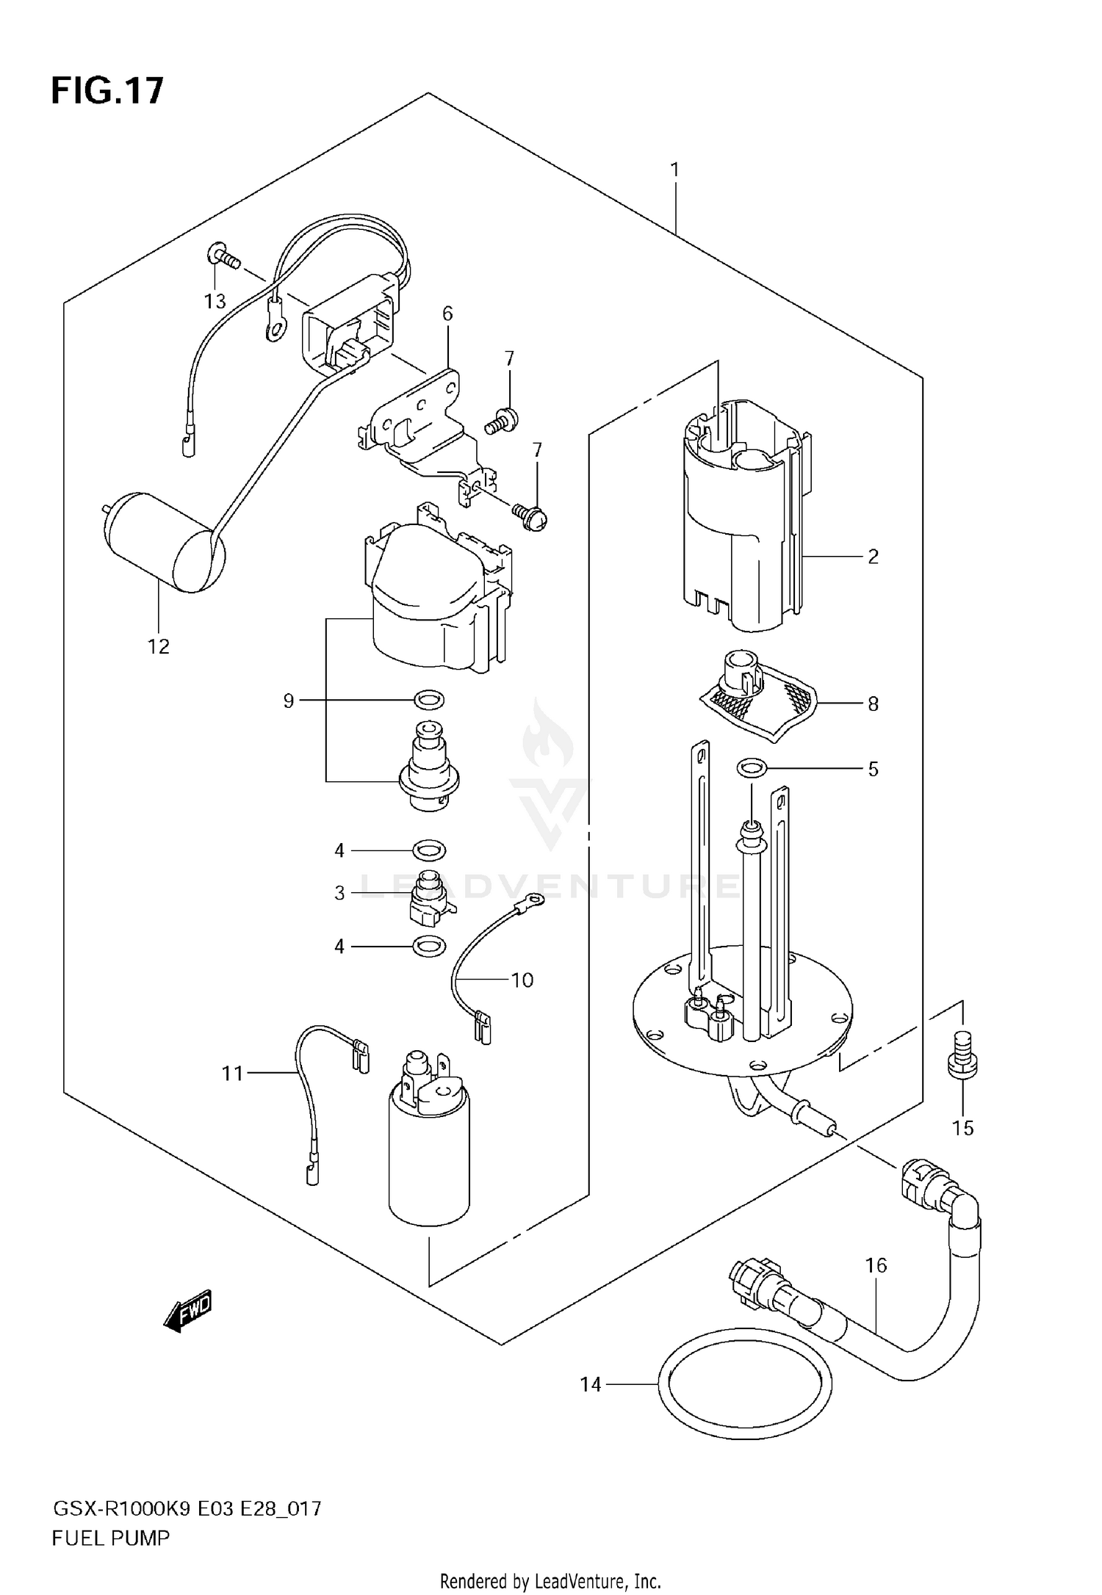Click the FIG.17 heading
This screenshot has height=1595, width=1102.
pyautogui.click(x=107, y=91)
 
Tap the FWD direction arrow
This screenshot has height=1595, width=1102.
pyautogui.click(x=188, y=1310)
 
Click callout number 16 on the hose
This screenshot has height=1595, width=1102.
pyautogui.click(x=876, y=1265)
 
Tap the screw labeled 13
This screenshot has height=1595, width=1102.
pyautogui.click(x=224, y=258)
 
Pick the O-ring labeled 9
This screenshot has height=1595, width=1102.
pyautogui.click(x=429, y=700)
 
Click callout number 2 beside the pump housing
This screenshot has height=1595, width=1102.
pyautogui.click(x=873, y=557)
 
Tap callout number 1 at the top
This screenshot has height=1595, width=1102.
pyautogui.click(x=674, y=170)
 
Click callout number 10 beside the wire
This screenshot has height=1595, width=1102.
pyautogui.click(x=522, y=980)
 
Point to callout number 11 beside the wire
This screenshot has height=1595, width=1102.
pyautogui.click(x=232, y=1074)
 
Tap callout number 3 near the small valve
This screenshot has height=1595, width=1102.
pyautogui.click(x=339, y=893)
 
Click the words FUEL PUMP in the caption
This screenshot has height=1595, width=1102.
pyautogui.click(x=110, y=1538)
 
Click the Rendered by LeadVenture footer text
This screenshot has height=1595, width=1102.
pyautogui.click(x=550, y=1580)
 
